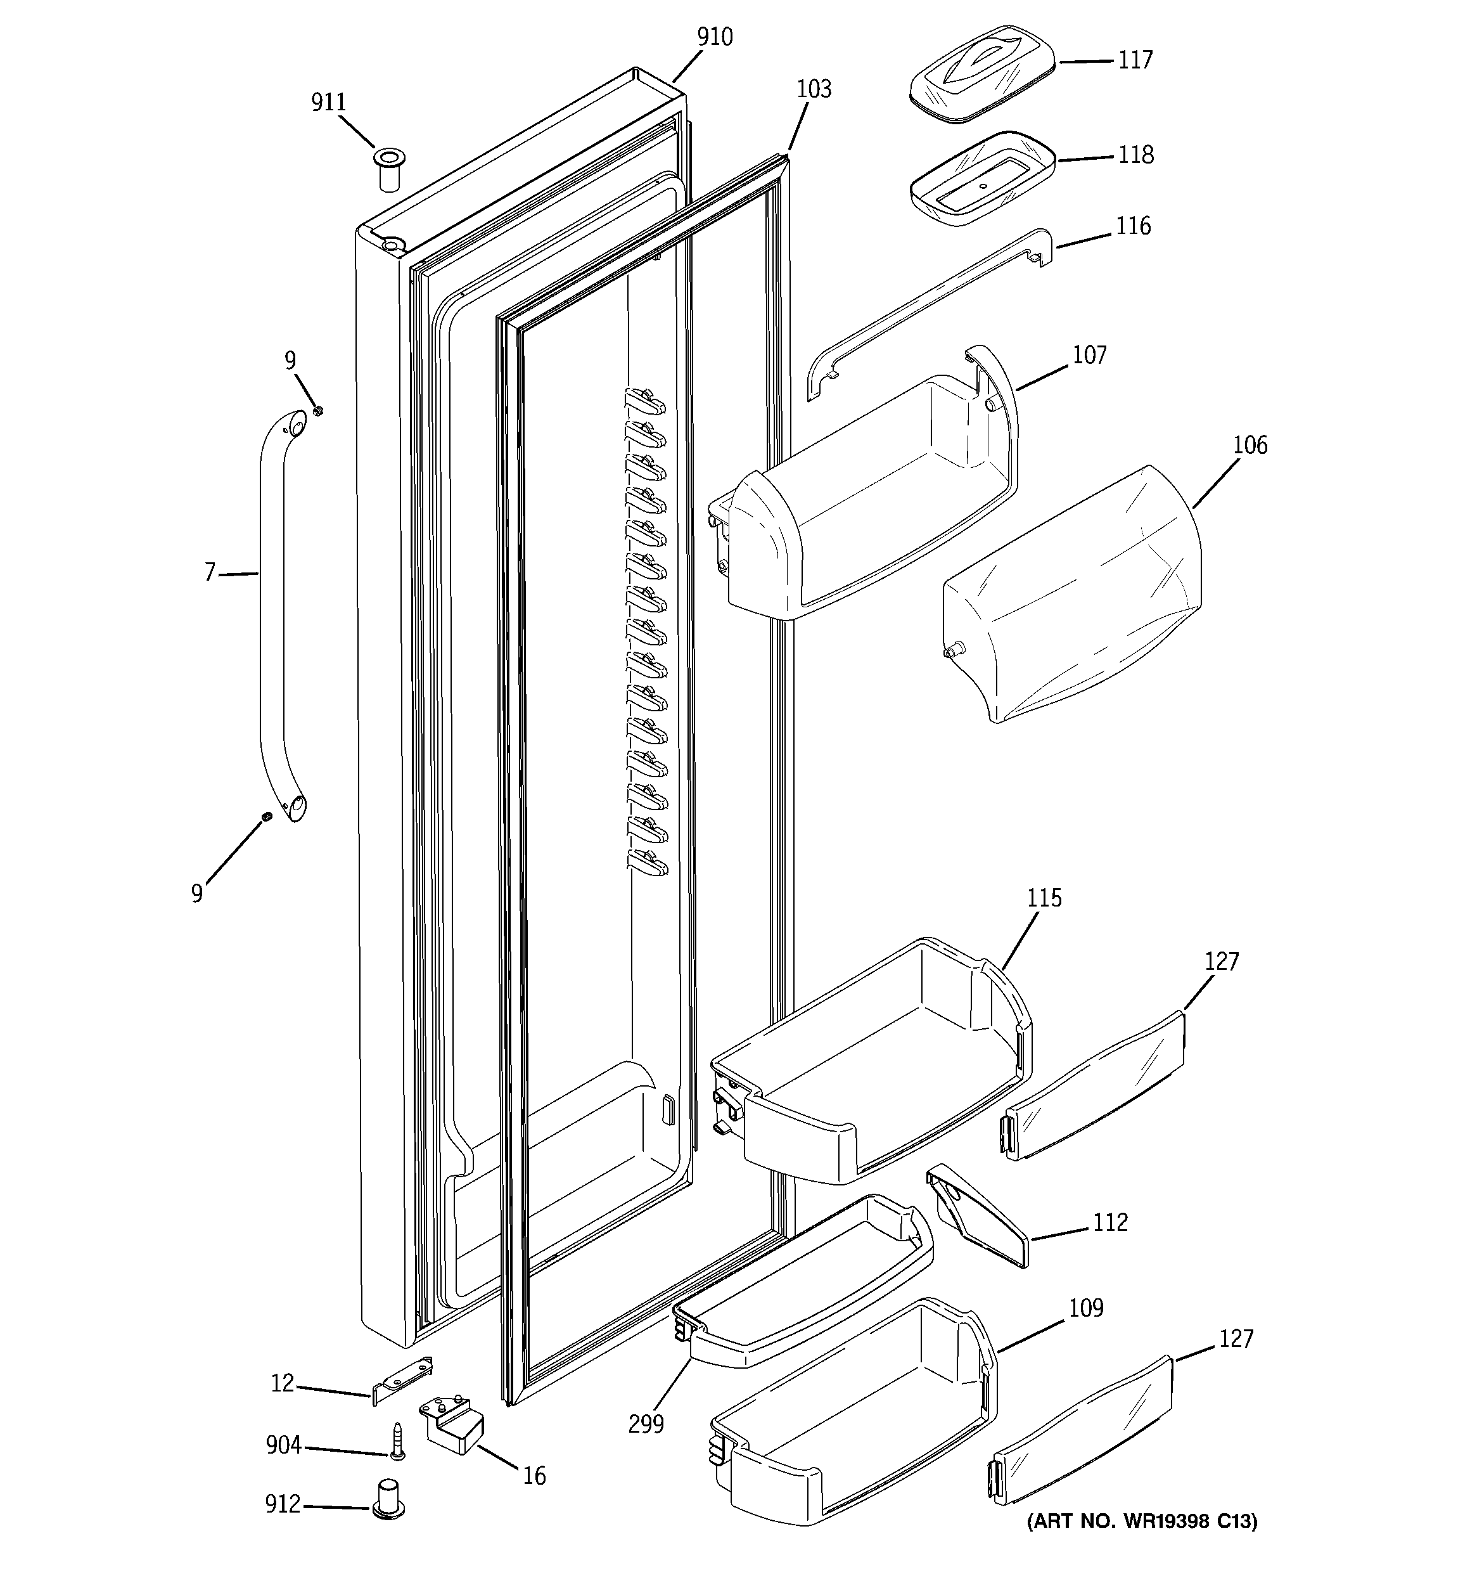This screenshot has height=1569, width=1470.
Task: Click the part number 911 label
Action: pyautogui.click(x=328, y=103)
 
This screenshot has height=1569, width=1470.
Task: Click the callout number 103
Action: pyautogui.click(x=814, y=89)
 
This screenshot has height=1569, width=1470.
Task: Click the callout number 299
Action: pyautogui.click(x=646, y=1424)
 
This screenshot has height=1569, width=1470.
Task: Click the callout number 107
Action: pyautogui.click(x=1089, y=355)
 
